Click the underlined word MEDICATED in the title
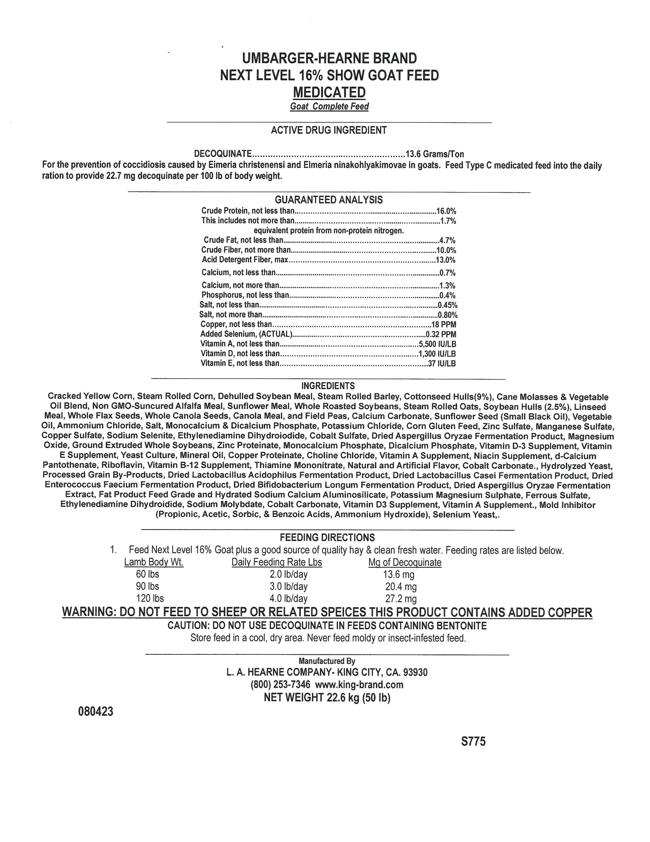pyautogui.click(x=329, y=93)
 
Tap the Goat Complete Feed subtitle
pyautogui.click(x=329, y=106)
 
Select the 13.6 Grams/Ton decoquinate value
pyautogui.click(x=435, y=154)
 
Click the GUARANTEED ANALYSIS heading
pyautogui.click(x=329, y=200)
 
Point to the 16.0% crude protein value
pyautogui.click(x=446, y=211)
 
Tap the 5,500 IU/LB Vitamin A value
pyautogui.click(x=437, y=344)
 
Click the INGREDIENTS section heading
pyautogui.click(x=328, y=386)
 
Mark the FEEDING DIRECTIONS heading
pyautogui.click(x=327, y=537)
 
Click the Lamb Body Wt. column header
pyautogui.click(x=154, y=562)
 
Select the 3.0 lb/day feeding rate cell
pyautogui.click(x=289, y=587)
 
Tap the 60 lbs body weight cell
pyautogui.click(x=148, y=574)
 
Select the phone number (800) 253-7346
pyautogui.click(x=280, y=685)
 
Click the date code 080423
pyautogui.click(x=96, y=711)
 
